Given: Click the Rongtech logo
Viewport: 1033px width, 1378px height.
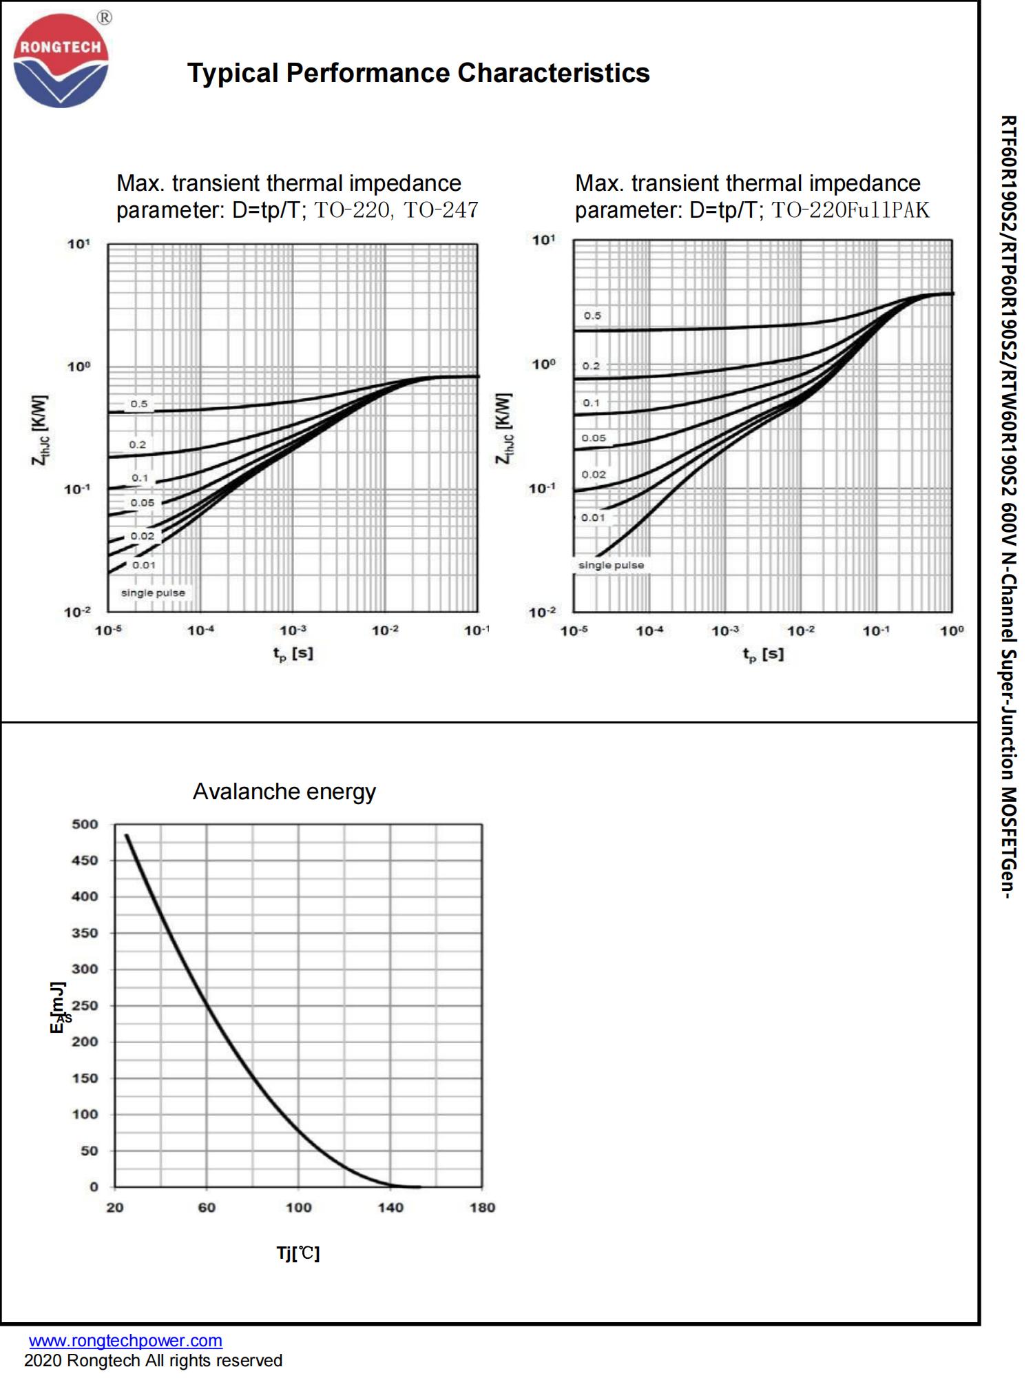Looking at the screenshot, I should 61,61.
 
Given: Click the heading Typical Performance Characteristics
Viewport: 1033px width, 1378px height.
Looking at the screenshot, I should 418,73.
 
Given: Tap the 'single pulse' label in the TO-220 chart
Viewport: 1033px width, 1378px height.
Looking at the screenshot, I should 153,593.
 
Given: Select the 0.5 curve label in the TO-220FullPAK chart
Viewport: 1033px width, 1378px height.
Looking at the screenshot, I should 592,316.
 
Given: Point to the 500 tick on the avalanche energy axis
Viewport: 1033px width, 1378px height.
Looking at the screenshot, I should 85,824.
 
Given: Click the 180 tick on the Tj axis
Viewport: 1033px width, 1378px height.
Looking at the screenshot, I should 482,1207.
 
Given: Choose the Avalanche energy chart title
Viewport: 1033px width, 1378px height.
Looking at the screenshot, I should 284,792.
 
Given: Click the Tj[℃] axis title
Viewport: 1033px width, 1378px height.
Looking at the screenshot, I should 298,1253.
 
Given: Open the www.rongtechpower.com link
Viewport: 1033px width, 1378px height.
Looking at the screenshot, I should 125,1341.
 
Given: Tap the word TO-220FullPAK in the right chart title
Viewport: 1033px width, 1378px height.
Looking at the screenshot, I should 850,209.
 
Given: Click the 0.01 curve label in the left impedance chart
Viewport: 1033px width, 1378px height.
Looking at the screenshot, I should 144,565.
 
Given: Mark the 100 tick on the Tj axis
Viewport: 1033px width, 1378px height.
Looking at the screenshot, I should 298,1207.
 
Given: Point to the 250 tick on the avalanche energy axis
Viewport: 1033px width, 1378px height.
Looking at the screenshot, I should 85,1005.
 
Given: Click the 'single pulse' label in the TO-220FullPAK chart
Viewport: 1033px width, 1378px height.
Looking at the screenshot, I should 611,565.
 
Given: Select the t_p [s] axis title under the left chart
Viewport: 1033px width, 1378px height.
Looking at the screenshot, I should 293,653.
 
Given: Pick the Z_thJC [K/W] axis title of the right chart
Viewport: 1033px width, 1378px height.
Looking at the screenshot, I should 504,429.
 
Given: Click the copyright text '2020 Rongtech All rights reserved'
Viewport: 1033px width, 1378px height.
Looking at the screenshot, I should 153,1361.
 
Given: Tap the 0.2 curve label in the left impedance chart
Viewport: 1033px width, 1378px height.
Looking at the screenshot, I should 138,444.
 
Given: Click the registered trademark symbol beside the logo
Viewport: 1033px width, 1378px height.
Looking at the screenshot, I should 104,18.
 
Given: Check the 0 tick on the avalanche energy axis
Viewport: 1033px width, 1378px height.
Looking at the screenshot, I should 94,1186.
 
